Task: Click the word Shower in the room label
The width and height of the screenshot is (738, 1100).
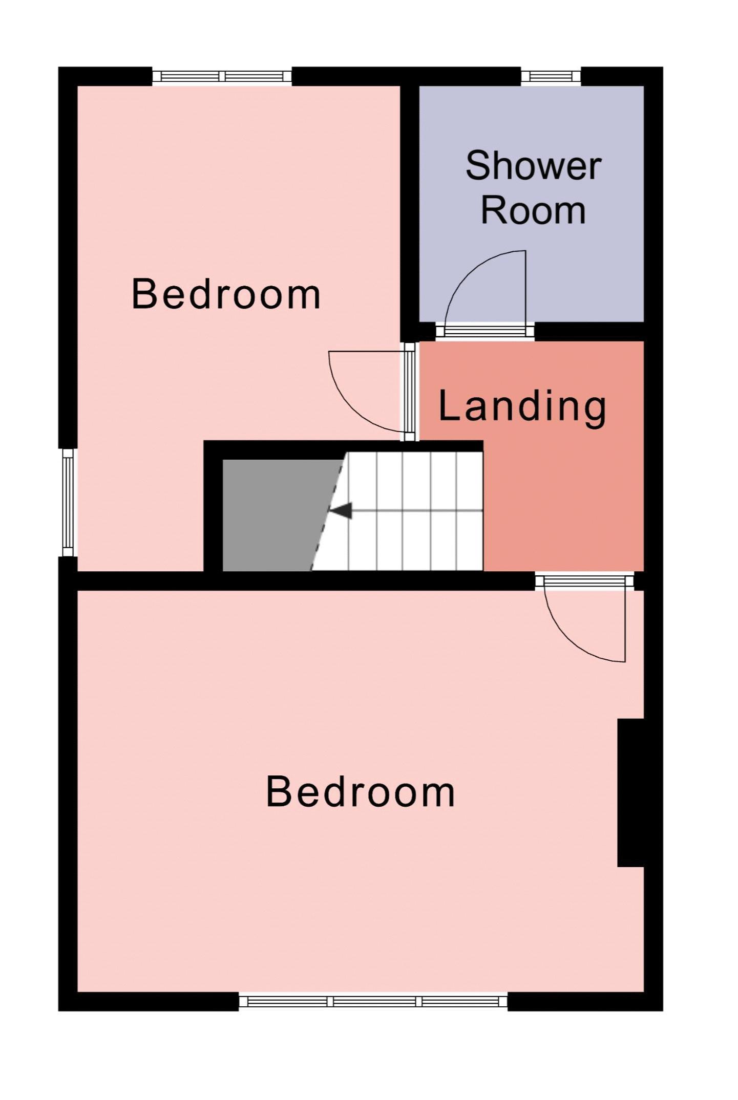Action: point(533,166)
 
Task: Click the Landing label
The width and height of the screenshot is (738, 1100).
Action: point(522,406)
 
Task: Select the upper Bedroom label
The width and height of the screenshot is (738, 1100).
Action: point(226,294)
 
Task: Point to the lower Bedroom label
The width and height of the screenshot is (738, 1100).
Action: point(360,792)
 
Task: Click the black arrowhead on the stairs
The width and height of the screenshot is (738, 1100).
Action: point(341,510)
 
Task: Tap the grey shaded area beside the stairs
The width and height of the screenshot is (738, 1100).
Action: point(277,515)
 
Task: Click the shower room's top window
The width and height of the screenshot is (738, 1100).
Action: point(551,77)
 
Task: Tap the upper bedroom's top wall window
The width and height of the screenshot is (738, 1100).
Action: point(222,77)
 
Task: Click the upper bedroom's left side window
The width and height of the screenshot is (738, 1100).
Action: point(68,502)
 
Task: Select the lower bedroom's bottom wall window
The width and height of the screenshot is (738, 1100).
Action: point(373,1001)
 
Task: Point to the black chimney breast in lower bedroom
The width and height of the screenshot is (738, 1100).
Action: point(630,793)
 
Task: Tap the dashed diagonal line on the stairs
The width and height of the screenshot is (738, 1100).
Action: point(328,511)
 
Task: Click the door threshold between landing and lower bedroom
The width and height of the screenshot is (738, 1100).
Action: point(585,581)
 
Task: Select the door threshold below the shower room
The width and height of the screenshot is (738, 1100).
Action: point(485,331)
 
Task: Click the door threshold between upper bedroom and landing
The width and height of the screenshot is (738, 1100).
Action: point(410,392)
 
